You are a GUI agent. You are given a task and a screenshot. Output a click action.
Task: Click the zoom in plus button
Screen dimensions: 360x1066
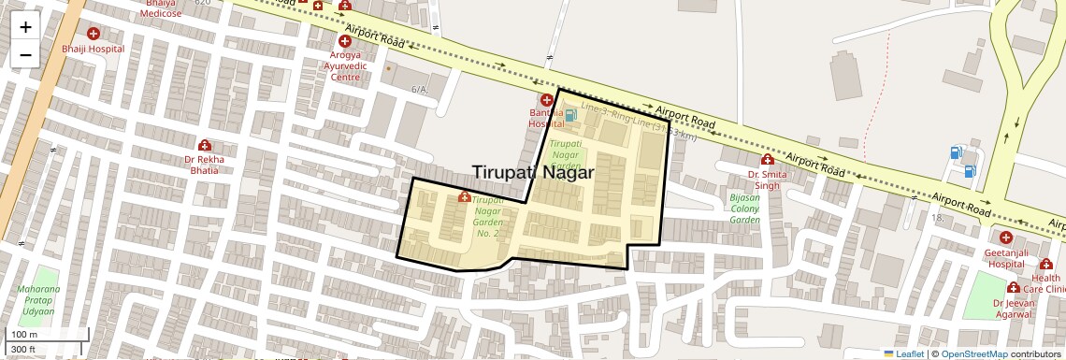point(25,26)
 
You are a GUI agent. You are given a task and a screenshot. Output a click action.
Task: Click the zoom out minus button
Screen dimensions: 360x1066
point(25,54)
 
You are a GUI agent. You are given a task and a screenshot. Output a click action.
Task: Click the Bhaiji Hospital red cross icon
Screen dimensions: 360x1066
point(94,35)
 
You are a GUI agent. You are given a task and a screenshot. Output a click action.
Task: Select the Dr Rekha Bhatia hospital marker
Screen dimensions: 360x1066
point(204,145)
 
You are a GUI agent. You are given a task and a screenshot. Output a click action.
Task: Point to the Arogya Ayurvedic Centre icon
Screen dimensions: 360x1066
point(345,42)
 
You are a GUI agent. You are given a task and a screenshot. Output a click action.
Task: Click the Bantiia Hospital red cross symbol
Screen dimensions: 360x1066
point(546,100)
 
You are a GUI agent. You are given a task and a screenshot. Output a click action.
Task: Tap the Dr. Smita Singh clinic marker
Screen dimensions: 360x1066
point(767,160)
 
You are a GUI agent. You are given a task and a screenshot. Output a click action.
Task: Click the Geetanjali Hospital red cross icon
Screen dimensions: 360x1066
point(1005,238)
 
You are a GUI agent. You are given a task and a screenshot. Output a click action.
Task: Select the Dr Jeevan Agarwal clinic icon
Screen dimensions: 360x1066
point(1013,288)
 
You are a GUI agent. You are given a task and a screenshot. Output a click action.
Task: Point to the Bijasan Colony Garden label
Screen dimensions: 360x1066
point(744,209)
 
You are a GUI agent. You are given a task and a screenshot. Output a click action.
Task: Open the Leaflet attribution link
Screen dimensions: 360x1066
point(909,353)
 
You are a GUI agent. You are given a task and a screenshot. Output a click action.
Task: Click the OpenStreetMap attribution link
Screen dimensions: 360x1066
point(973,353)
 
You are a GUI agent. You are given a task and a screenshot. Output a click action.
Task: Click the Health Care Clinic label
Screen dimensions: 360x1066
point(1045,283)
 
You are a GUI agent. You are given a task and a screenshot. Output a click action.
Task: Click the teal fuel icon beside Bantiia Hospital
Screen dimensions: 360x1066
point(570,116)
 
